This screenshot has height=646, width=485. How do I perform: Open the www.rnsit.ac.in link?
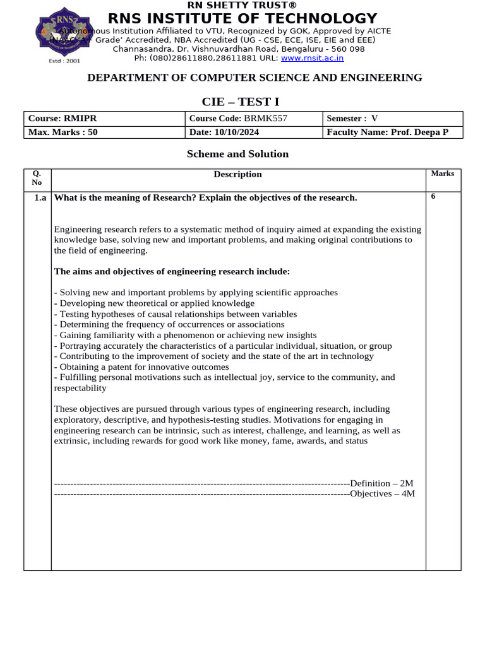pyautogui.click(x=312, y=57)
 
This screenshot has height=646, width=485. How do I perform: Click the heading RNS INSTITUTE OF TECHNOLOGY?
pyautogui.click(x=242, y=18)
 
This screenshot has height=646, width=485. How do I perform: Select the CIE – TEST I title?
pyautogui.click(x=240, y=102)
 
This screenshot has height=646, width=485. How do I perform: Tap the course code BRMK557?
pyautogui.click(x=270, y=119)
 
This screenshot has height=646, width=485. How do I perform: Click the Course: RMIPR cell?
pyautogui.click(x=63, y=119)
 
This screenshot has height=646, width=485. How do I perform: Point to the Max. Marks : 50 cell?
pyautogui.click(x=63, y=132)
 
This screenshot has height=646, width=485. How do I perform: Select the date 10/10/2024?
pyautogui.click(x=237, y=132)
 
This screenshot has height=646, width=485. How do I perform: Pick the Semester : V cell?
pyautogui.click(x=352, y=119)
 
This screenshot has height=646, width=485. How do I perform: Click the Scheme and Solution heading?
pyautogui.click(x=237, y=154)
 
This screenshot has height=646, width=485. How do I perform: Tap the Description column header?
pyautogui.click(x=237, y=175)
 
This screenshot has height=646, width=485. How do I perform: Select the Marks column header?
pyautogui.click(x=442, y=173)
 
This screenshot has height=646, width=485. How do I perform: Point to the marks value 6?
pyautogui.click(x=433, y=196)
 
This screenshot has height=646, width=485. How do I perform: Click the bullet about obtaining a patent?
pyautogui.click(x=141, y=367)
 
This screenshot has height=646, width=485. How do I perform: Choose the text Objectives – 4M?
pyautogui.click(x=382, y=493)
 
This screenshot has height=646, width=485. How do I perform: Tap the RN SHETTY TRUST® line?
pyautogui.click(x=242, y=6)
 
